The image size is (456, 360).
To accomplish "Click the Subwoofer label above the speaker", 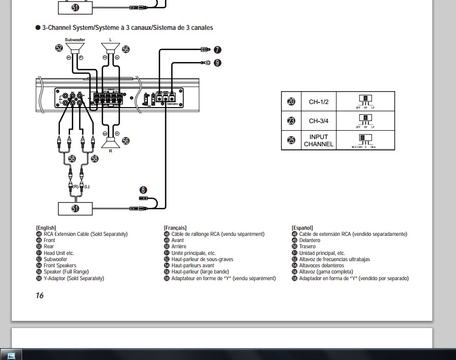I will tap(75, 40).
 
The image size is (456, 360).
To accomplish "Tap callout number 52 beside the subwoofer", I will tap(59, 48).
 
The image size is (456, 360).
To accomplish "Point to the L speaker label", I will tap(110, 40).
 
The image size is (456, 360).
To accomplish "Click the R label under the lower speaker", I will tap(110, 151).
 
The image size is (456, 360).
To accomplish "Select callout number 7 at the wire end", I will tap(217, 50).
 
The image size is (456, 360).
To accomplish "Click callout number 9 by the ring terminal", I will tap(217, 62).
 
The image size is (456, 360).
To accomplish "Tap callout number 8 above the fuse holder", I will tap(143, 190).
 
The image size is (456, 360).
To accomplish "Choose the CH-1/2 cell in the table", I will tap(318, 102).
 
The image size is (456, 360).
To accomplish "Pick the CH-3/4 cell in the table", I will tap(318, 122).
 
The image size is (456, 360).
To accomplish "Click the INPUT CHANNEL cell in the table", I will tap(318, 141).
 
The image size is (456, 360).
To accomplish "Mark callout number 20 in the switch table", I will tap(291, 102).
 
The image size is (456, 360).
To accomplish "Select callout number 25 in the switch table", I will tap(291, 141).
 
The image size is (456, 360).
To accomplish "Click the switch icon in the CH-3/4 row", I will tap(365, 119).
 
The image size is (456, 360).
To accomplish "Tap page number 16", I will tap(40, 296).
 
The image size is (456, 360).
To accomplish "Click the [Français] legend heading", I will tap(175, 228).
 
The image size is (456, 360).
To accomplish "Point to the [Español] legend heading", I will tap(302, 228).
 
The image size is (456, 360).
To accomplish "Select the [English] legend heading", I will tap(46, 228).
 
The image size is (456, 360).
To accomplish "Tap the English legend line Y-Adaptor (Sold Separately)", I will tap(74, 278).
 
